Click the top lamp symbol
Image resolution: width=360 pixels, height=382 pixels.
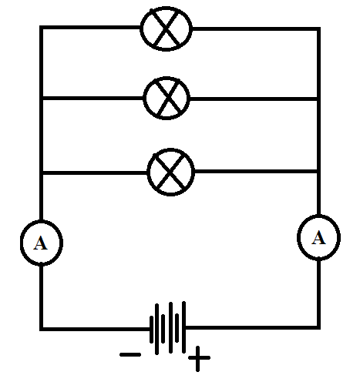tap(167, 28)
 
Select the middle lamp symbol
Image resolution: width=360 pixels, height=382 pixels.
tap(167, 98)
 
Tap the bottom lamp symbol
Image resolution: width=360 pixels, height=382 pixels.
tap(171, 172)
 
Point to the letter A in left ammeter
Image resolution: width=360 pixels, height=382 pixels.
tap(41, 243)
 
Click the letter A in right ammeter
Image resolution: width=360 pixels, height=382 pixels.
tap(318, 237)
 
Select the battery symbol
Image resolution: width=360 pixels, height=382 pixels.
tap(167, 328)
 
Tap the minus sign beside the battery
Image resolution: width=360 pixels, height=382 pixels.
tap(130, 355)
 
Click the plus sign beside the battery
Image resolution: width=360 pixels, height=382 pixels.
tap(197, 357)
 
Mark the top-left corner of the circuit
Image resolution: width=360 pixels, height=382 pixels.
tap(42, 27)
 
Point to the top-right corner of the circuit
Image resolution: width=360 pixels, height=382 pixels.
tap(318, 28)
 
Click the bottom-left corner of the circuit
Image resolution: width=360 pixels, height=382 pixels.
tap(42, 329)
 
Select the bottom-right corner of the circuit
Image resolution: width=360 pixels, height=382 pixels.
tap(318, 327)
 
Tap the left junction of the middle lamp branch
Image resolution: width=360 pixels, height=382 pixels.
tap(42, 98)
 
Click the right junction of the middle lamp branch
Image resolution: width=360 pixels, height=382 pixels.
tap(318, 99)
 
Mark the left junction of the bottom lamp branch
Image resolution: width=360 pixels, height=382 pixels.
tap(42, 173)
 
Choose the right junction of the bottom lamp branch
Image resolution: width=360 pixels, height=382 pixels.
tap(318, 171)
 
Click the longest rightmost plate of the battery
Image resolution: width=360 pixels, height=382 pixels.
tap(183, 327)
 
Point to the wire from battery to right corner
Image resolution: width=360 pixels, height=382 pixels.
tap(252, 327)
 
